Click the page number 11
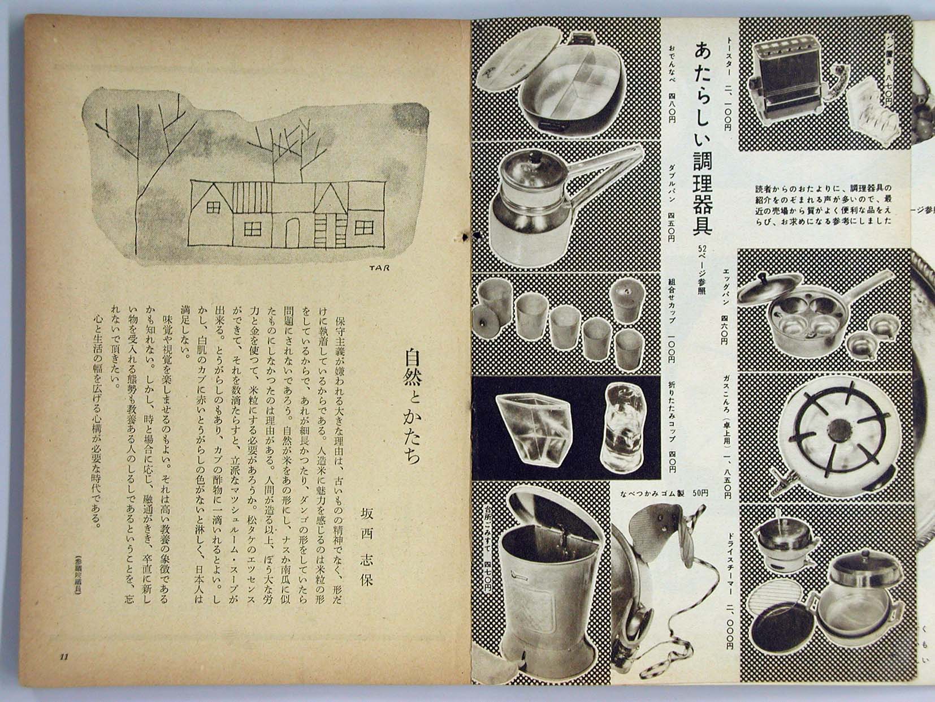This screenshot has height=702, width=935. point(63,657)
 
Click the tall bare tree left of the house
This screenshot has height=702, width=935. point(135,170)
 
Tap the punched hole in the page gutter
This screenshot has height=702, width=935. point(467,234)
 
